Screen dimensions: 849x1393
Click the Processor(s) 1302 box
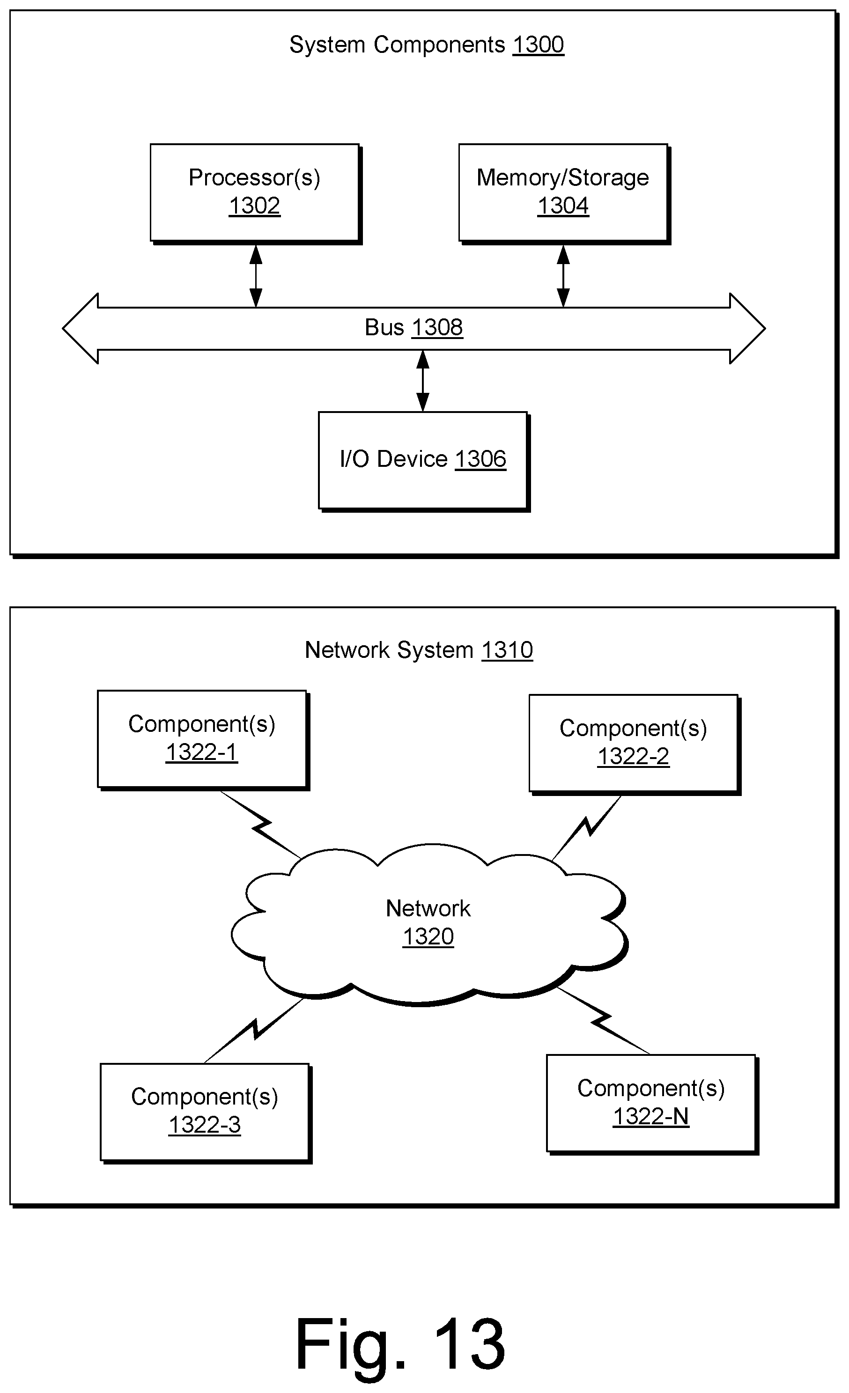click(255, 193)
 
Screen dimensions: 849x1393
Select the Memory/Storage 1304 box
click(563, 193)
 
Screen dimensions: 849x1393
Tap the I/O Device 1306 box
click(423, 461)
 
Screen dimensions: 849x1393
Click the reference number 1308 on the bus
click(437, 327)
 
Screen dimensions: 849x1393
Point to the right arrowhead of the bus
click(747, 328)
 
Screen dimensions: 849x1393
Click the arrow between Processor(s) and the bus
click(256, 276)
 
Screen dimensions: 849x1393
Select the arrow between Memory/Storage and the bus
click(563, 276)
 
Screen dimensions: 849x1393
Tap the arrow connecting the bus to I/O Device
click(423, 381)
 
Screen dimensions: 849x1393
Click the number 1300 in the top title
click(538, 44)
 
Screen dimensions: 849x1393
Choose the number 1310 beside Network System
click(507, 650)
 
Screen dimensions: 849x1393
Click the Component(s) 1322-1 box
click(203, 740)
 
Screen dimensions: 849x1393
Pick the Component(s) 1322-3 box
click(206, 1113)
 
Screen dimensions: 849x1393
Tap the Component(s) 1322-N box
click(652, 1104)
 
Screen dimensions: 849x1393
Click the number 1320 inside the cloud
click(428, 937)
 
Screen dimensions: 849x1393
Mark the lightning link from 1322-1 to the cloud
click(260, 825)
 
